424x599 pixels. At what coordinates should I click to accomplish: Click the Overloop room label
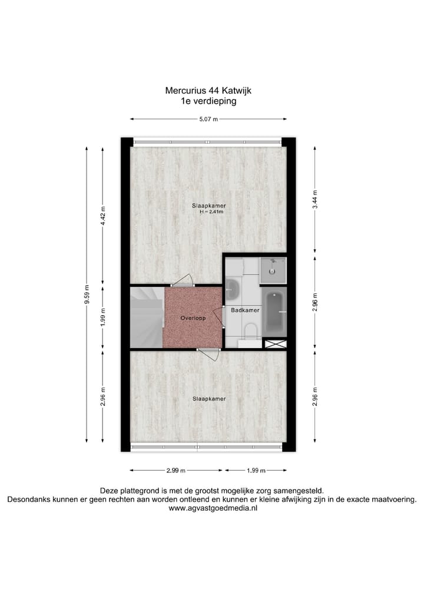pos(193,317)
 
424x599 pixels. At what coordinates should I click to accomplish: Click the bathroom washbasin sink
pos(232,289)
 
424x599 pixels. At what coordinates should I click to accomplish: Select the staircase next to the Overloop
pos(146,317)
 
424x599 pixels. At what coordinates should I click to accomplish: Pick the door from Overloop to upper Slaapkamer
pos(185,280)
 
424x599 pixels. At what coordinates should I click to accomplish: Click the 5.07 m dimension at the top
pos(208,120)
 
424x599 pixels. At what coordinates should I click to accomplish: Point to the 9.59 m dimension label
pos(87,294)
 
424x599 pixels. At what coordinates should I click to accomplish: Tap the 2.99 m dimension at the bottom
pos(175,471)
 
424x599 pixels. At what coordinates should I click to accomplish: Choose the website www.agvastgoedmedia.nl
pos(212,508)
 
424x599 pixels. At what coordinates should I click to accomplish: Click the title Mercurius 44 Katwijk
pos(208,91)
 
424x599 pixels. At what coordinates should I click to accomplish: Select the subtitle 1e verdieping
pos(208,101)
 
